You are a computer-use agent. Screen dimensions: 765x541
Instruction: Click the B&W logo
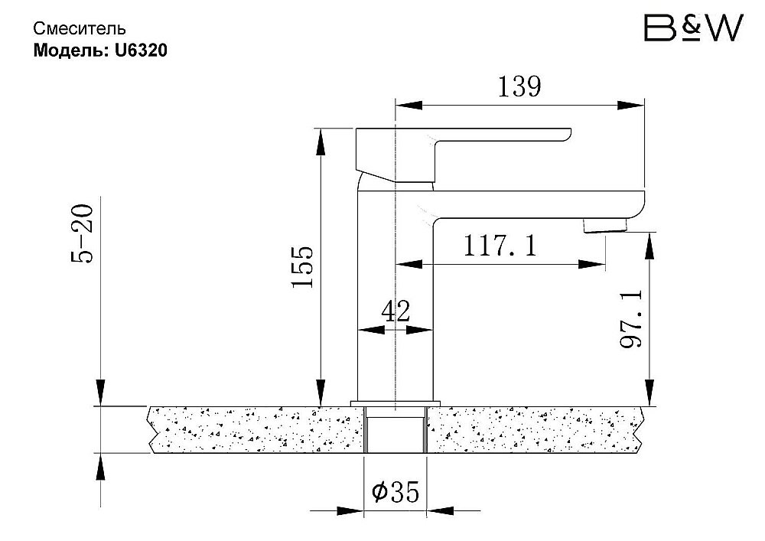click(693, 28)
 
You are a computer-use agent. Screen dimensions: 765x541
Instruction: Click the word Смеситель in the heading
click(80, 29)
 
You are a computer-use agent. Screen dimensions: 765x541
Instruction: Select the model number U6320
click(141, 51)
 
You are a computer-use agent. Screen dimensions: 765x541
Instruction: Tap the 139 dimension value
click(519, 86)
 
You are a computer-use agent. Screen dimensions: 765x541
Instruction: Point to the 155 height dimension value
click(302, 266)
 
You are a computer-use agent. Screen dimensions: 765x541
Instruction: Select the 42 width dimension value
click(396, 311)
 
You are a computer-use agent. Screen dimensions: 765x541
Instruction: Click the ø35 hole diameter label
click(396, 492)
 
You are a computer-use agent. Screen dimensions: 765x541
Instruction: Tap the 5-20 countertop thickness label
click(82, 233)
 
